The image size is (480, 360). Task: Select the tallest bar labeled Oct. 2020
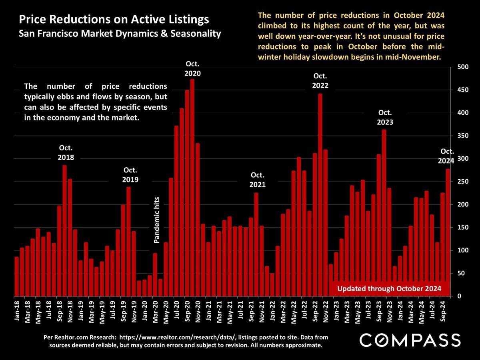[192, 188]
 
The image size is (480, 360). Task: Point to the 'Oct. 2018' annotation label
[66, 152]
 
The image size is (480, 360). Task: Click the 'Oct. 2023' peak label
[385, 117]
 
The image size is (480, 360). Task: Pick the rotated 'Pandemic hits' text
[157, 220]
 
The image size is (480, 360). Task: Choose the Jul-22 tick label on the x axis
[304, 310]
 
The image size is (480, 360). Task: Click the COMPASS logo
[410, 340]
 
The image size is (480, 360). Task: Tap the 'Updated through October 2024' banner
[389, 288]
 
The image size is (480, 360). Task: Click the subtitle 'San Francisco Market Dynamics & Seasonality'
[120, 34]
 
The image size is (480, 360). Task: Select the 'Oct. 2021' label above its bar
[258, 180]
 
